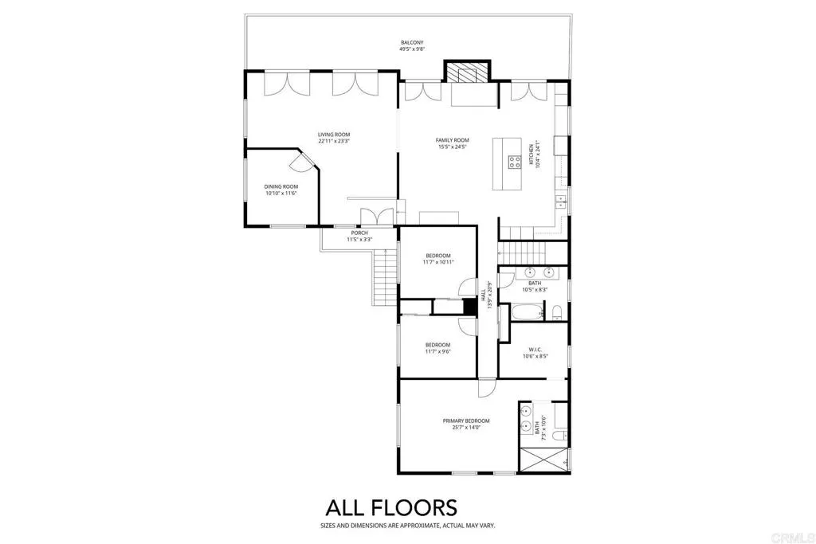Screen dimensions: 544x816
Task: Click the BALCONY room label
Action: pyautogui.click(x=412, y=41)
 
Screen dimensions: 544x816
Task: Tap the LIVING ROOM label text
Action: pyautogui.click(x=334, y=135)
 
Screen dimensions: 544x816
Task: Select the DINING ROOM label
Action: pyautogui.click(x=281, y=186)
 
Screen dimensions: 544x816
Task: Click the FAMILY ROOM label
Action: pyautogui.click(x=452, y=140)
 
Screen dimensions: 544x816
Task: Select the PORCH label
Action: pyautogui.click(x=358, y=233)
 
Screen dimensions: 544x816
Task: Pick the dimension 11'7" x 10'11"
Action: pyautogui.click(x=438, y=262)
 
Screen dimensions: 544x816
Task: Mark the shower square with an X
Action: pyautogui.click(x=543, y=461)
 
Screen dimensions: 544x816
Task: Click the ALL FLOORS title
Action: pyautogui.click(x=390, y=507)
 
